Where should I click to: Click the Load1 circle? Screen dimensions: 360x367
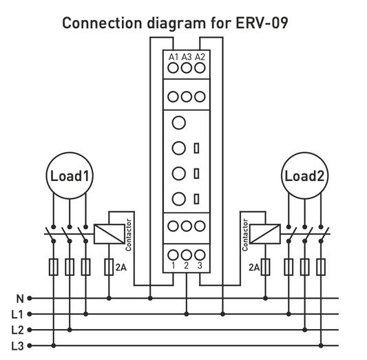pos(69,176)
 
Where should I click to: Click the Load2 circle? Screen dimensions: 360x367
pos(304,176)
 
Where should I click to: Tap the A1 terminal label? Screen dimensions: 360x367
pos(172,56)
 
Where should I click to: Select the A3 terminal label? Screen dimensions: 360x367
pos(186,56)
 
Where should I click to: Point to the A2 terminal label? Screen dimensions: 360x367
pos(200,56)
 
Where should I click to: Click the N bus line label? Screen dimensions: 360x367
pos(20,299)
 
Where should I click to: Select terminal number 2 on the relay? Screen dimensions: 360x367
pos(186,265)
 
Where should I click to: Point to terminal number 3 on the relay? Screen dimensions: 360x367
pos(200,265)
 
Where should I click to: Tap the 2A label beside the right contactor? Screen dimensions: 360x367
pos(252,266)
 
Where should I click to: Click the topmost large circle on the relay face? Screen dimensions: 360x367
pos(178,123)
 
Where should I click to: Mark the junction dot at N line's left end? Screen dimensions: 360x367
pos(35,299)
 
